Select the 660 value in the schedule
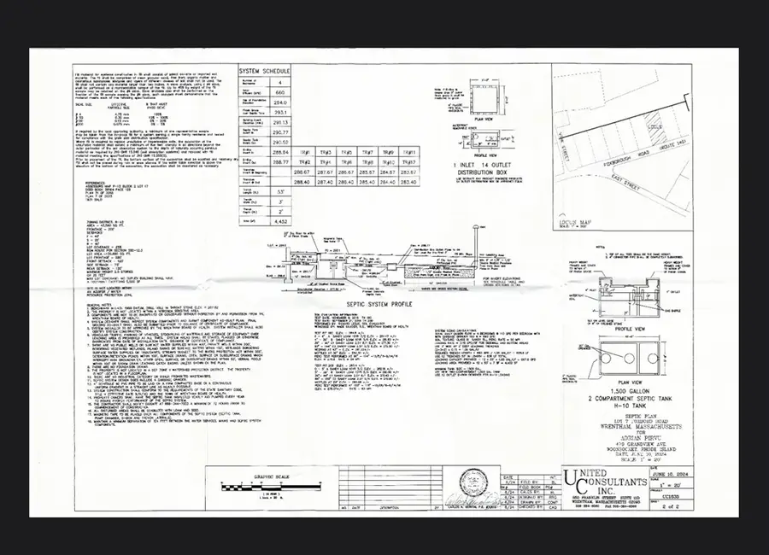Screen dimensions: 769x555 pos(278,92)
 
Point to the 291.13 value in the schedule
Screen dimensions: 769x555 pos(278,122)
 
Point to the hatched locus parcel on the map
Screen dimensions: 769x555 pos(655,135)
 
